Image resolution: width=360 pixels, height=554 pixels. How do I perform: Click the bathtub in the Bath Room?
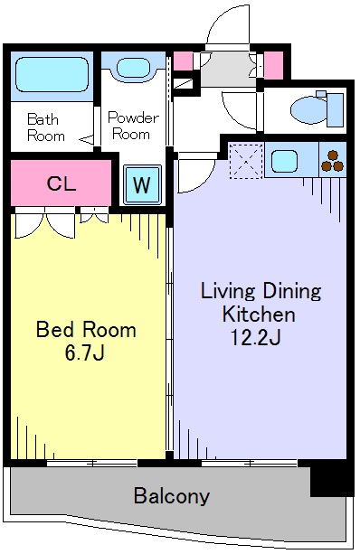(x=52, y=75)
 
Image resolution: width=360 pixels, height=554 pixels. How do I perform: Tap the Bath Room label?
(x=45, y=127)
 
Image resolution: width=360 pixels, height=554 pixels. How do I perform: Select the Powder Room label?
(x=133, y=126)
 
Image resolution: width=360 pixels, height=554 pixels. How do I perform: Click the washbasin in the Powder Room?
(x=133, y=68)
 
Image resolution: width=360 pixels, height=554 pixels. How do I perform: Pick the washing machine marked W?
(x=142, y=184)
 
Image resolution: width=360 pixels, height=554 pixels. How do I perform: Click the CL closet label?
(x=62, y=183)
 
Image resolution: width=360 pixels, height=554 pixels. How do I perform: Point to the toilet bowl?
(x=308, y=110)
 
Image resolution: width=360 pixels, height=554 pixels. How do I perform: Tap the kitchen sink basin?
(x=284, y=161)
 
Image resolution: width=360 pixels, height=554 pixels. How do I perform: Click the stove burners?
(x=333, y=161)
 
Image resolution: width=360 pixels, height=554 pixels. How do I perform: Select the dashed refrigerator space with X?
(x=247, y=160)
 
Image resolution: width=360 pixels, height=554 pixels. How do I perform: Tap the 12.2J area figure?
(x=255, y=337)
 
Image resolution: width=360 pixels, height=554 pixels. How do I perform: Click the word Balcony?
(x=172, y=495)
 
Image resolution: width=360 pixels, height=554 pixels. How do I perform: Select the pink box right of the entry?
(x=274, y=65)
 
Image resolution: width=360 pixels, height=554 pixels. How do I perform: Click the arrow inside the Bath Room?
(x=86, y=140)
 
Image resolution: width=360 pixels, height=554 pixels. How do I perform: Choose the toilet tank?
(x=336, y=110)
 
